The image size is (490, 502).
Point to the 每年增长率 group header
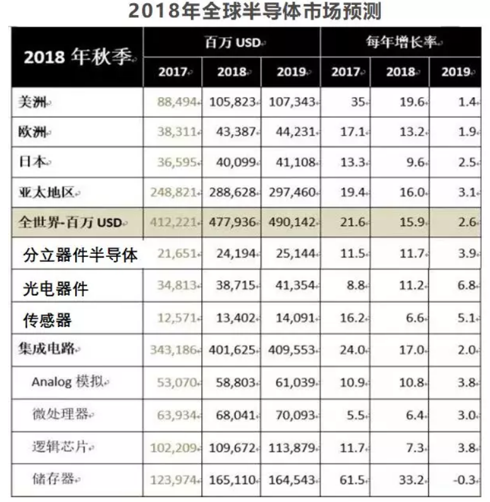[x=404, y=43]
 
